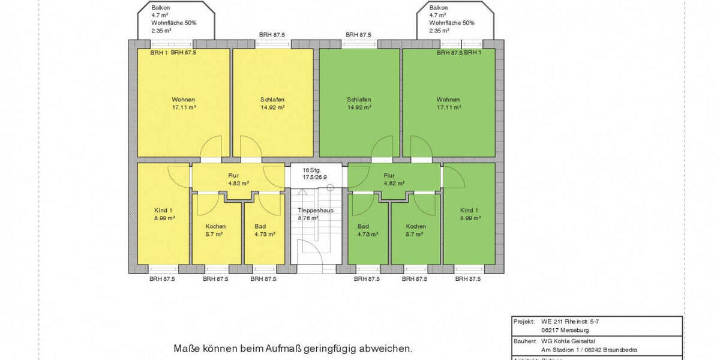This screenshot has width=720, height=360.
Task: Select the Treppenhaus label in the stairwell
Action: click(x=316, y=211)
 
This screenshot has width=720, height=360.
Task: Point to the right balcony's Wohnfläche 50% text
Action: click(x=452, y=23)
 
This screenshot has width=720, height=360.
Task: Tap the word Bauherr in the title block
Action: click(x=524, y=341)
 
